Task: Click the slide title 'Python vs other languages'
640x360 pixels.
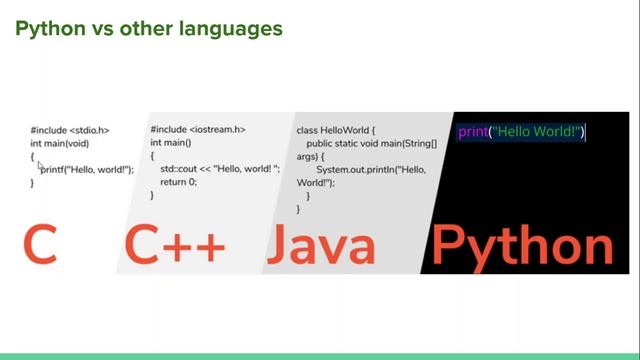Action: [x=148, y=29]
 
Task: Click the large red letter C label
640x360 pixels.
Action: [x=40, y=245]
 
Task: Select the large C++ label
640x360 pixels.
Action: [x=175, y=245]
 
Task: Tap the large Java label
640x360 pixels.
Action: [x=322, y=245]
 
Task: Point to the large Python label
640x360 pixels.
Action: [x=522, y=245]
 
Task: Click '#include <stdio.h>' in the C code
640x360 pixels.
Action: [x=69, y=131]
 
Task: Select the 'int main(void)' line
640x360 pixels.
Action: [x=65, y=144]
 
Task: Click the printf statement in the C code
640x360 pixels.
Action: [x=87, y=170]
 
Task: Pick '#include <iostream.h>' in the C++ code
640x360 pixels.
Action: [x=198, y=130]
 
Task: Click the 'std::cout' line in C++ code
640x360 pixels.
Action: [x=219, y=170]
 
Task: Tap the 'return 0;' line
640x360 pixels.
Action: [x=179, y=183]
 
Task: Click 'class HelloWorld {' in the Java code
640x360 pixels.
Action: [x=336, y=131]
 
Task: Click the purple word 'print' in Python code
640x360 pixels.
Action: [x=472, y=132]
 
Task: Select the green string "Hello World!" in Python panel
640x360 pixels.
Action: [x=536, y=132]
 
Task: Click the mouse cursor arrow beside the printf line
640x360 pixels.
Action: [x=41, y=168]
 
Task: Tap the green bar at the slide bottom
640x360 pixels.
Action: [x=320, y=356]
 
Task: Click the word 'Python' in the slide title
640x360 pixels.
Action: [x=49, y=29]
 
